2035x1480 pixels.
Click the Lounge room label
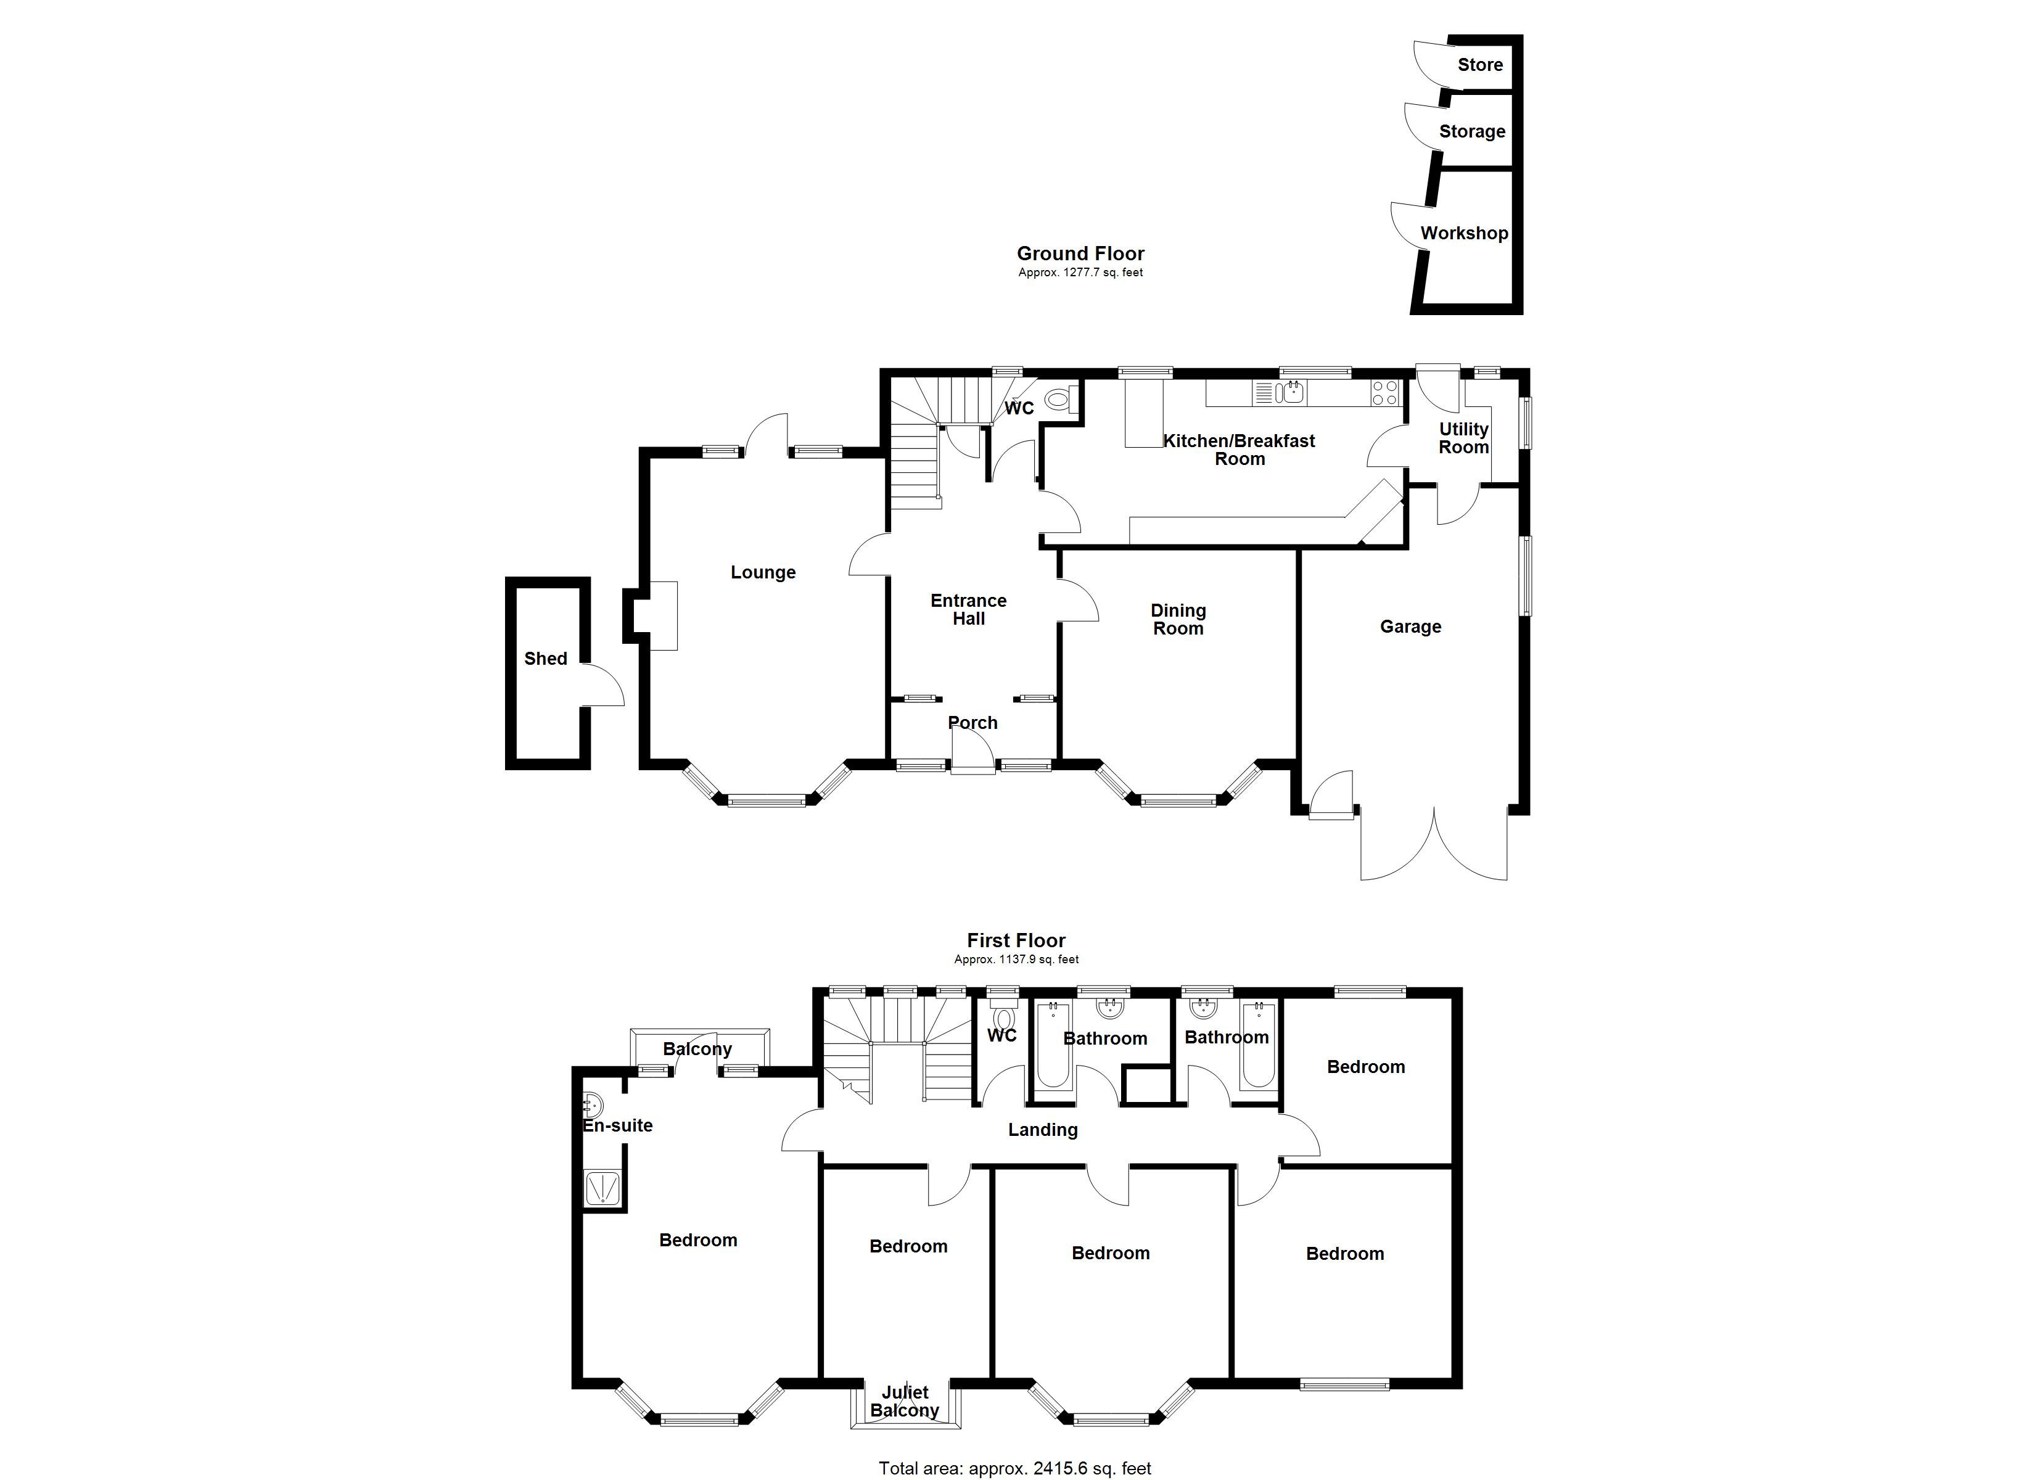pyautogui.click(x=763, y=573)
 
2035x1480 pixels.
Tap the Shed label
pyautogui.click(x=546, y=659)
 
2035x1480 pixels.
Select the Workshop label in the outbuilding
pyautogui.click(x=1463, y=233)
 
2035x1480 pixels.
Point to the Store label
pyautogui.click(x=1479, y=65)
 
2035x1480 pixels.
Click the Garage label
pyautogui.click(x=1410, y=627)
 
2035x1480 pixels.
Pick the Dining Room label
pyautogui.click(x=1178, y=619)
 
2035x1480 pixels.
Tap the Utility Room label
pyautogui.click(x=1463, y=438)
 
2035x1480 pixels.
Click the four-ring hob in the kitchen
pyautogui.click(x=1384, y=392)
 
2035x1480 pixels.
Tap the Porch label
pyautogui.click(x=972, y=723)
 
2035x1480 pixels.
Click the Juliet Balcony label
pyautogui.click(x=905, y=1401)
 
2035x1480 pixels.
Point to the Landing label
pyautogui.click(x=1043, y=1130)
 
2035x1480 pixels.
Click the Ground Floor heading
pyautogui.click(x=1080, y=254)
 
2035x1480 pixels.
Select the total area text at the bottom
pyautogui.click(x=1015, y=1468)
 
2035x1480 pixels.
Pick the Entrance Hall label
pyautogui.click(x=968, y=609)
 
